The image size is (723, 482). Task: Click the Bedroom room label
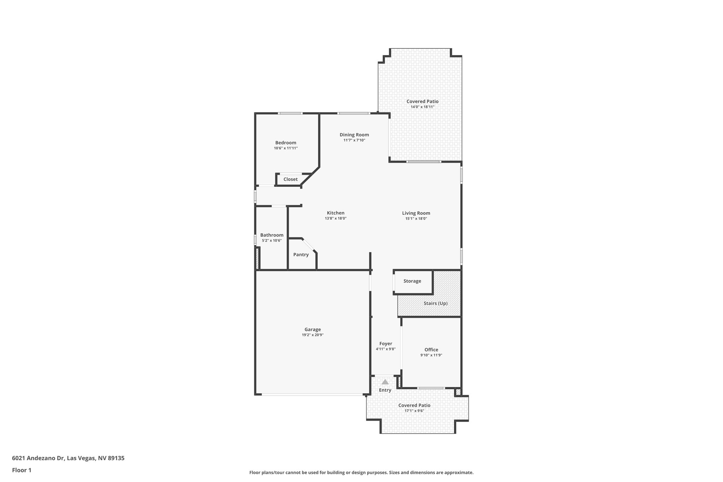coord(286,143)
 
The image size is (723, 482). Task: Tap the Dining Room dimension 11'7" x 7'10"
coord(354,140)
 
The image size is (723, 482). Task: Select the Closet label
coord(290,179)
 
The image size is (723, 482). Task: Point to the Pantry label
coord(301,255)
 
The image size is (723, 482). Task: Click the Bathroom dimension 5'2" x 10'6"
coord(271,240)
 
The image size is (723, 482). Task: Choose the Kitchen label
coord(335,213)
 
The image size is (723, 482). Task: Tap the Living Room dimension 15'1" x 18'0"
coord(416,219)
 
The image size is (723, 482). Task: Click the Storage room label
coord(412,281)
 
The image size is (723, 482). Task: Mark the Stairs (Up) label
coord(435,303)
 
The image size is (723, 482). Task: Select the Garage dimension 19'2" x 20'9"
coord(312,335)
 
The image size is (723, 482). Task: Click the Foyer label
coord(386,344)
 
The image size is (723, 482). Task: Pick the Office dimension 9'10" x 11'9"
coord(431,355)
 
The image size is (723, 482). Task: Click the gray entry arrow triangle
coord(385,382)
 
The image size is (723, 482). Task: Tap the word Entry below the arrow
coord(385,390)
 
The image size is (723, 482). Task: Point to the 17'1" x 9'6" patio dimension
coord(414,411)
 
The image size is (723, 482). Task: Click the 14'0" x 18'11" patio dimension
coord(422,107)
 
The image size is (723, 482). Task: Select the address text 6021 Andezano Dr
coord(38,458)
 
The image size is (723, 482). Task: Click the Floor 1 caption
coord(22,470)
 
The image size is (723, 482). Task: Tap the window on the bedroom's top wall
coord(290,113)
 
